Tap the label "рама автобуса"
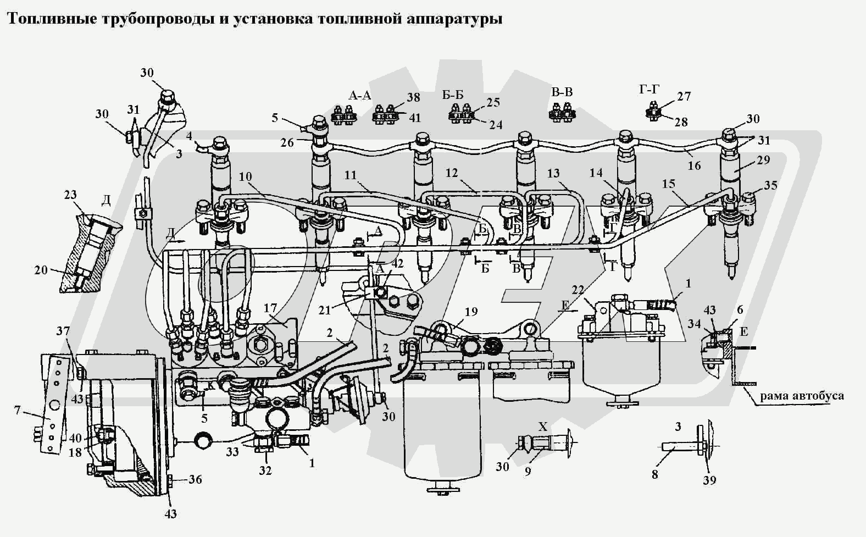click(802, 395)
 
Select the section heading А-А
click(360, 96)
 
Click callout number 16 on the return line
click(695, 165)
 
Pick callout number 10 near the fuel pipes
click(245, 176)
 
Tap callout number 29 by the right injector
click(763, 160)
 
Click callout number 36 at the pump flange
click(195, 479)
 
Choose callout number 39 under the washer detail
click(709, 480)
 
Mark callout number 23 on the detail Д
click(70, 195)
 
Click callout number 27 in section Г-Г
click(684, 97)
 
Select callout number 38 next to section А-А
click(413, 97)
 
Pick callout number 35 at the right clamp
click(770, 185)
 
